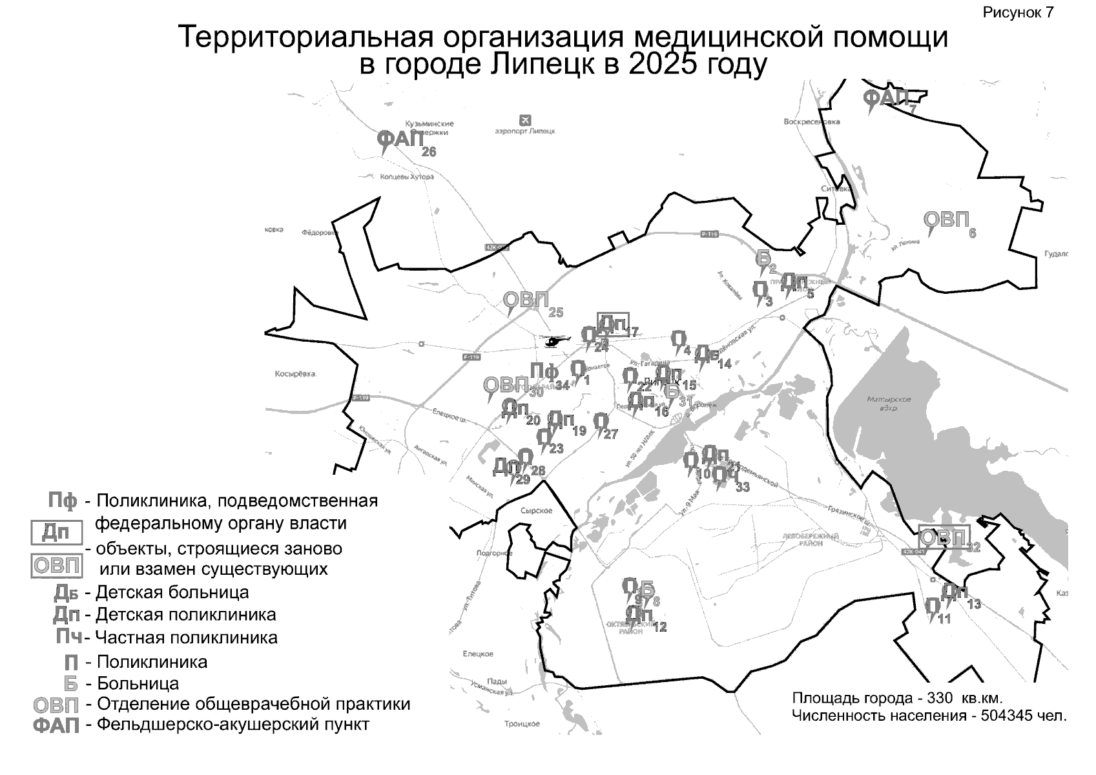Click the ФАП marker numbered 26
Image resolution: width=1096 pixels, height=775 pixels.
pos(400,139)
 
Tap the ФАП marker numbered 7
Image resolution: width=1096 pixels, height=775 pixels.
pos(886,99)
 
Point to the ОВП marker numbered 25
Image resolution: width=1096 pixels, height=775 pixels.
pos(525,300)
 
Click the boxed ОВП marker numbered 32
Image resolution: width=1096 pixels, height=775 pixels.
pos(944,537)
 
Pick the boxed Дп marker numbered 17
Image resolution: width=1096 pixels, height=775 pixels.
pos(612,324)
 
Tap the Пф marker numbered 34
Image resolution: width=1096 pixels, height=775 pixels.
pos(544,372)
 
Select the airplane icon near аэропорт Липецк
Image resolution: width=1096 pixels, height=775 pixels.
pos(525,120)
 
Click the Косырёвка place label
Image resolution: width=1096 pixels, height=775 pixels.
pos(295,374)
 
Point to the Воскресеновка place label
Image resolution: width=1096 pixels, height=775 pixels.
pos(811,121)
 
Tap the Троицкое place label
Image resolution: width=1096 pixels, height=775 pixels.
pos(522,724)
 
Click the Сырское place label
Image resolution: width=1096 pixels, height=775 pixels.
pos(536,511)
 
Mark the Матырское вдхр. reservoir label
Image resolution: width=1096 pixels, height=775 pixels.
pos(889,404)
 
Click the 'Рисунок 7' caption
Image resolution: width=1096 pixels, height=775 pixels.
pos(1018,13)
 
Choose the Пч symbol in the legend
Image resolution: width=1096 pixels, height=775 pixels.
pos(68,637)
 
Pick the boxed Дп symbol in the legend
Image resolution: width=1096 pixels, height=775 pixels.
pos(57,533)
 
